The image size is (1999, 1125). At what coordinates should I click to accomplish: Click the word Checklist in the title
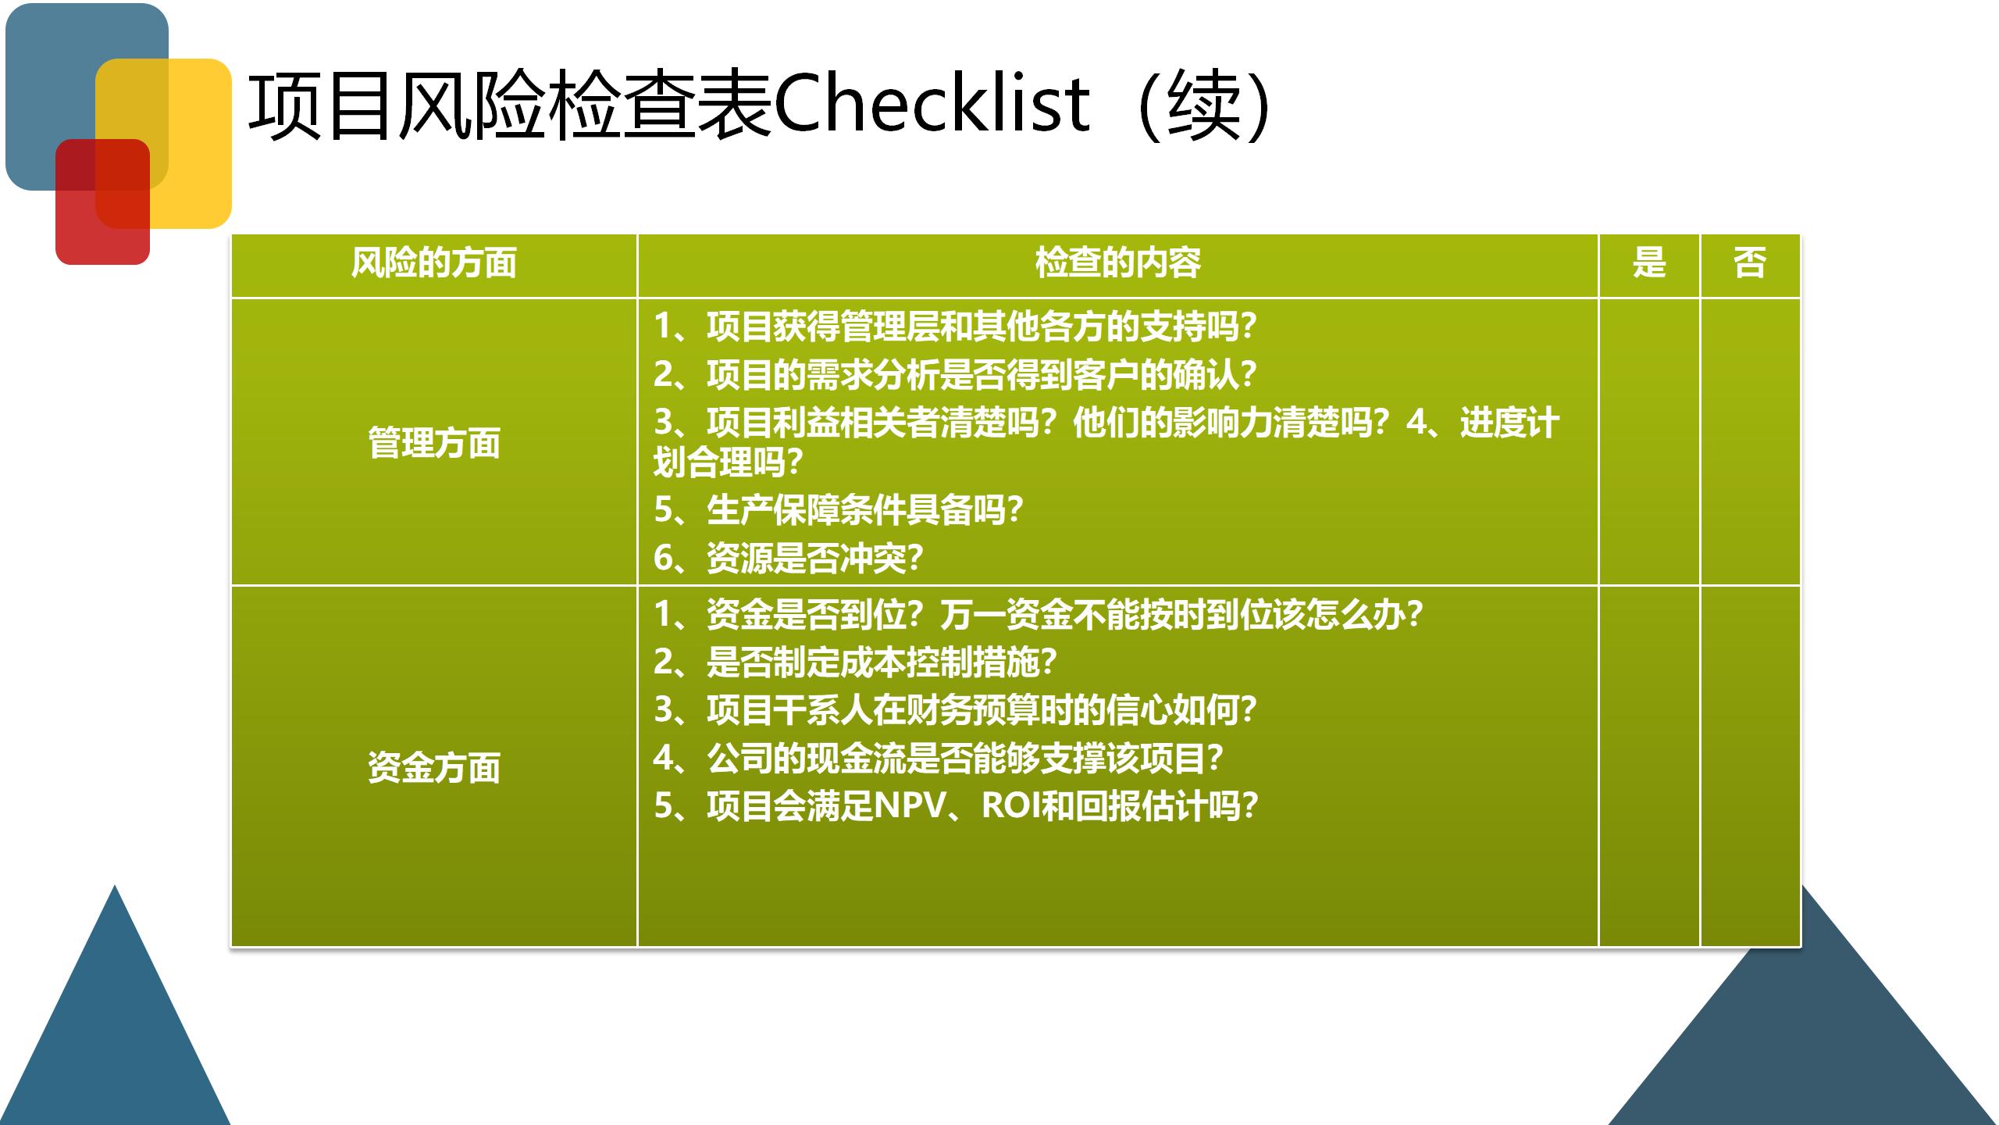[x=931, y=105]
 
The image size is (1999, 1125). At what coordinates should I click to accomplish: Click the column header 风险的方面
[x=433, y=263]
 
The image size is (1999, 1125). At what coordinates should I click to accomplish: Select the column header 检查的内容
[x=1117, y=263]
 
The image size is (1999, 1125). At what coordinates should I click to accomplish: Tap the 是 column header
[x=1648, y=263]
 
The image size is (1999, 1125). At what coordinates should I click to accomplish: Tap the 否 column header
[x=1749, y=263]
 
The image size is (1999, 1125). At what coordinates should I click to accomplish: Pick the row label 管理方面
[x=433, y=443]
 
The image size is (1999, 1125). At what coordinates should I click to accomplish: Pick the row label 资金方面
[x=433, y=768]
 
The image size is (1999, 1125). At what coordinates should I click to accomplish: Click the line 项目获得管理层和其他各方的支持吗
[x=954, y=327]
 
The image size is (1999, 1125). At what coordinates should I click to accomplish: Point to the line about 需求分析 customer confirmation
[x=954, y=375]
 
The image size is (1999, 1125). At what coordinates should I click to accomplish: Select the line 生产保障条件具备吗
[x=838, y=510]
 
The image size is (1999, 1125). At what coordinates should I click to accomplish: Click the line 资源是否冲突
[x=788, y=559]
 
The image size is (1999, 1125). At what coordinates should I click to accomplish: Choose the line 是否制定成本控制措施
[x=854, y=662]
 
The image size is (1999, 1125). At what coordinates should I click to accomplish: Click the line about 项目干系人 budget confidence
[x=954, y=710]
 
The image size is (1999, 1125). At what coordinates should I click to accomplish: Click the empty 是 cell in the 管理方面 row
[x=1648, y=441]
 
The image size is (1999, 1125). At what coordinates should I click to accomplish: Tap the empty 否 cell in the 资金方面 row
[x=1749, y=766]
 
